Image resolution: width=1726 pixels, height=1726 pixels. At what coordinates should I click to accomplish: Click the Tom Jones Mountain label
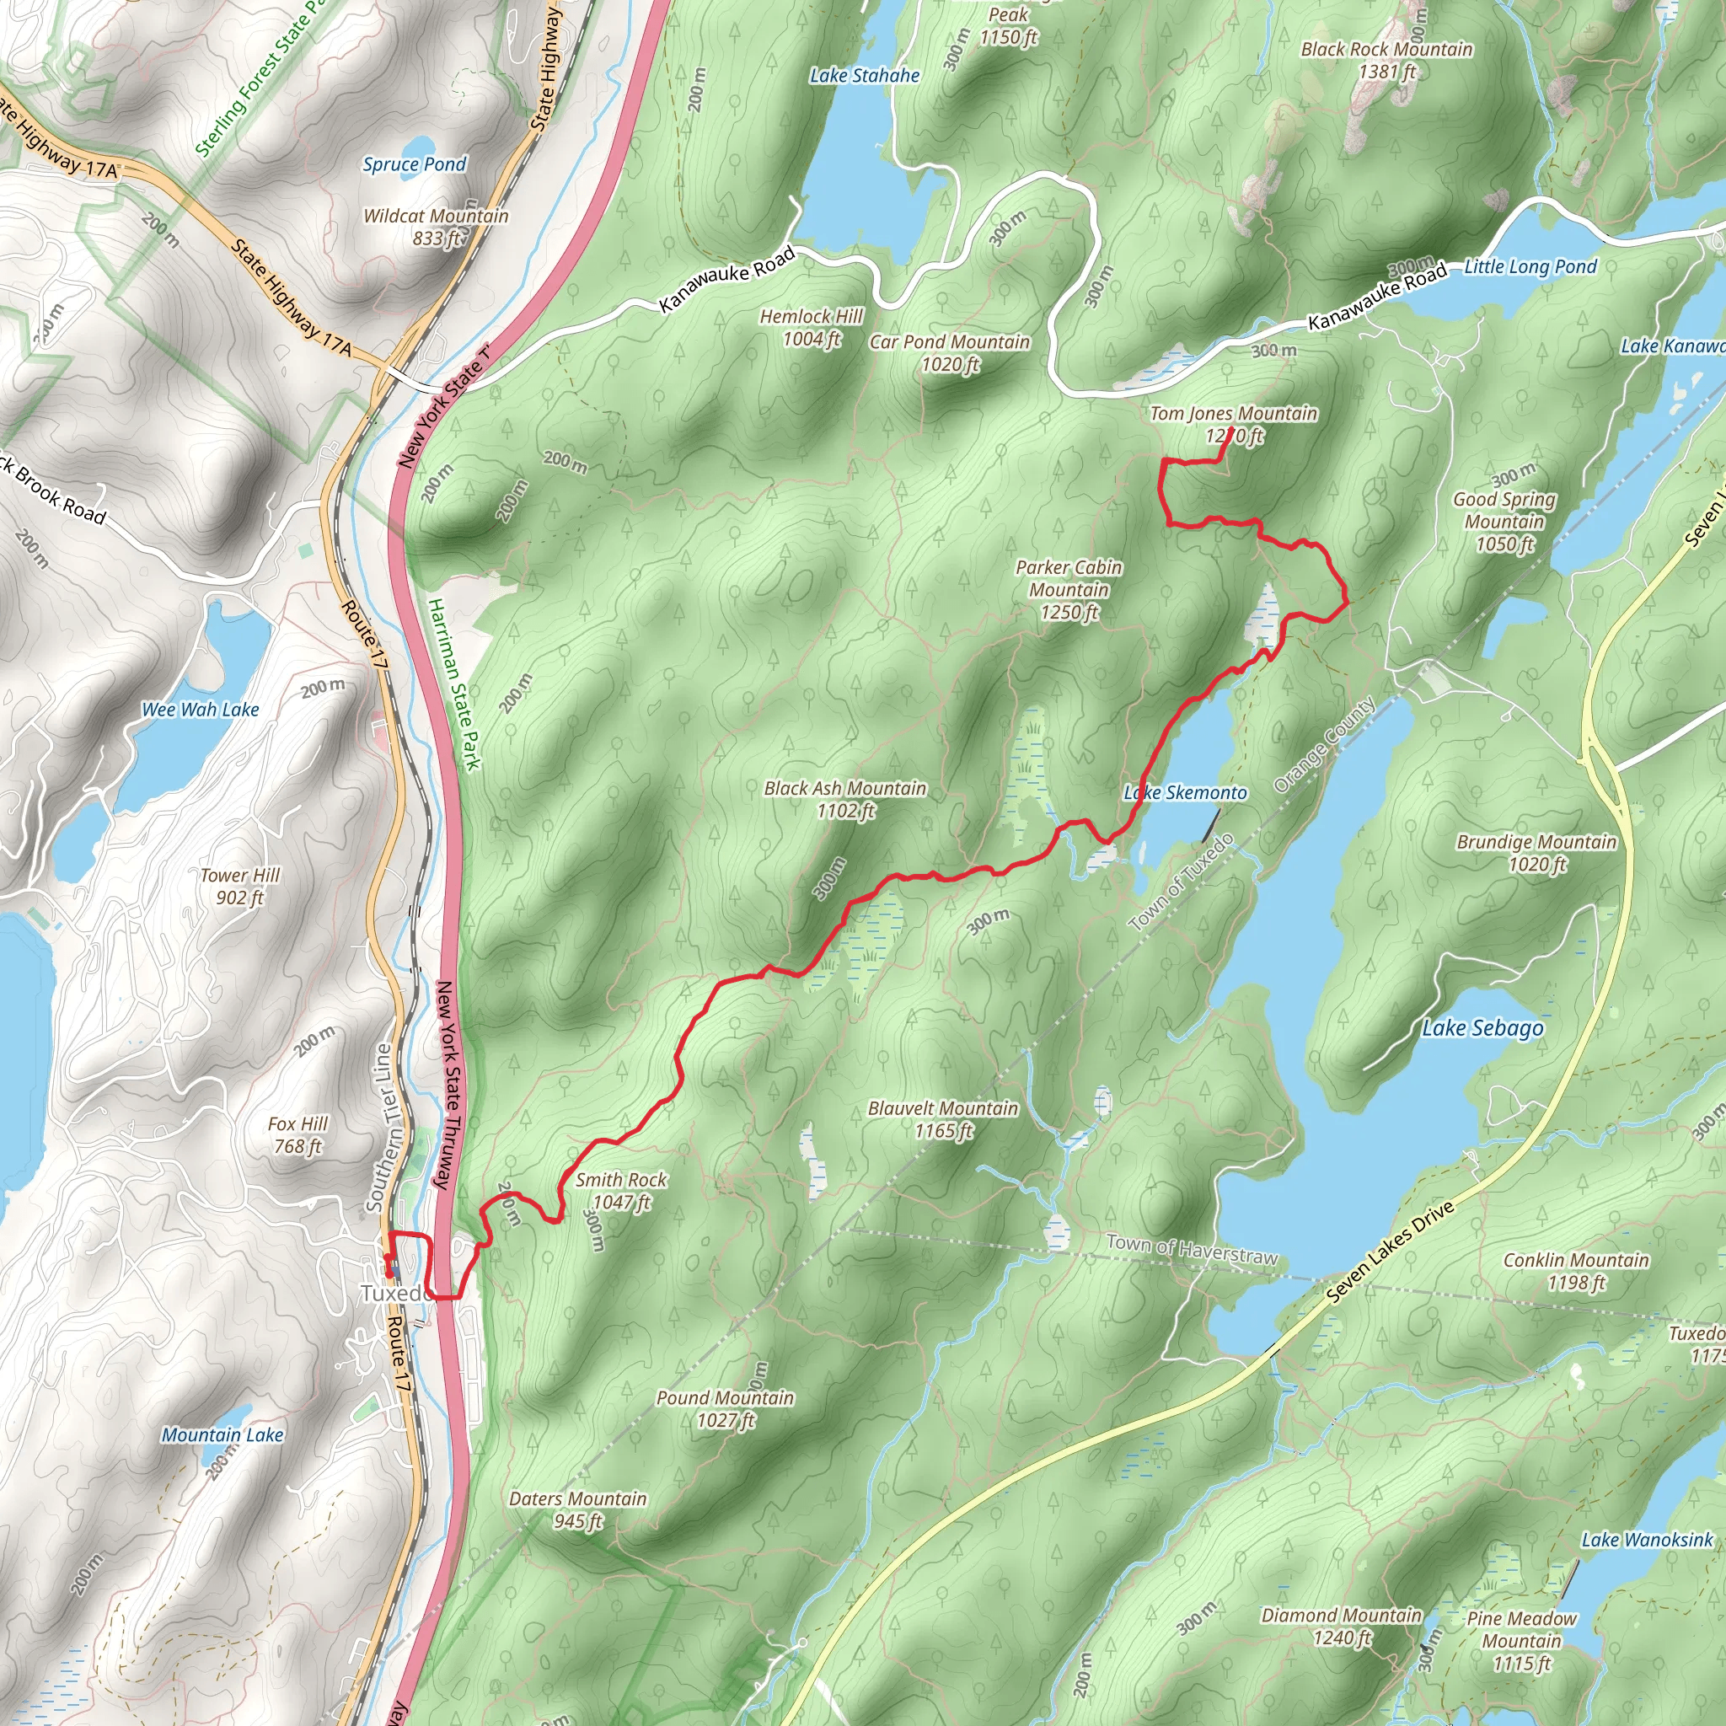1233,415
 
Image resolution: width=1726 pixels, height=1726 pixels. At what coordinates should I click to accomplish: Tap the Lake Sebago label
1482,1028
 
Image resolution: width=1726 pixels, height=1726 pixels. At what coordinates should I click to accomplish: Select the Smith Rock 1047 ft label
621,1191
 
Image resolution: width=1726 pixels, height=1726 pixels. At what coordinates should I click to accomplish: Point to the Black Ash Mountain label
845,789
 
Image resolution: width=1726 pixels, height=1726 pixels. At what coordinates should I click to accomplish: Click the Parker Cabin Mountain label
1069,579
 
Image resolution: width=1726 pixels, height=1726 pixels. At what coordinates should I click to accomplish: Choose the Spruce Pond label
415,164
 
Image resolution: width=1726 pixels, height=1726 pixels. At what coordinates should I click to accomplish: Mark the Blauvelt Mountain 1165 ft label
942,1119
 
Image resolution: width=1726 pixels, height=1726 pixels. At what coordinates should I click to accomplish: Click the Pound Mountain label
725,1398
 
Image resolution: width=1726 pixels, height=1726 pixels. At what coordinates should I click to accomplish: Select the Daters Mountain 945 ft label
577,1509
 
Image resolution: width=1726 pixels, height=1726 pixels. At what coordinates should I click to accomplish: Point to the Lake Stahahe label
864,76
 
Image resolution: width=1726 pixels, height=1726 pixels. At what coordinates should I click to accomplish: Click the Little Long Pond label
1530,266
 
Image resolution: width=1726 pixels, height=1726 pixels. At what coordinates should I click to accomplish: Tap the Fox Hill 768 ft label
297,1134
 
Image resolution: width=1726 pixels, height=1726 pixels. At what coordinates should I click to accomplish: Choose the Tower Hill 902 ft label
239,887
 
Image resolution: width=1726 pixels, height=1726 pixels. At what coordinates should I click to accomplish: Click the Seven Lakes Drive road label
1390,1252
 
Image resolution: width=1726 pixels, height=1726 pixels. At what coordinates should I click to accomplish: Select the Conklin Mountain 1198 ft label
1576,1271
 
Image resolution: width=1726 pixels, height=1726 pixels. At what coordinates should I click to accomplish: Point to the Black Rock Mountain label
1386,50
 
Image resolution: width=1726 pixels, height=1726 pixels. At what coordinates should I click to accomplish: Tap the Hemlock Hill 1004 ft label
812,328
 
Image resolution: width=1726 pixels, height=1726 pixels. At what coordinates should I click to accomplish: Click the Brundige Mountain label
1536,843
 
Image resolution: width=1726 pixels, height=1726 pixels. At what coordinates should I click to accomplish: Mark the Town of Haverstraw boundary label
1192,1248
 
